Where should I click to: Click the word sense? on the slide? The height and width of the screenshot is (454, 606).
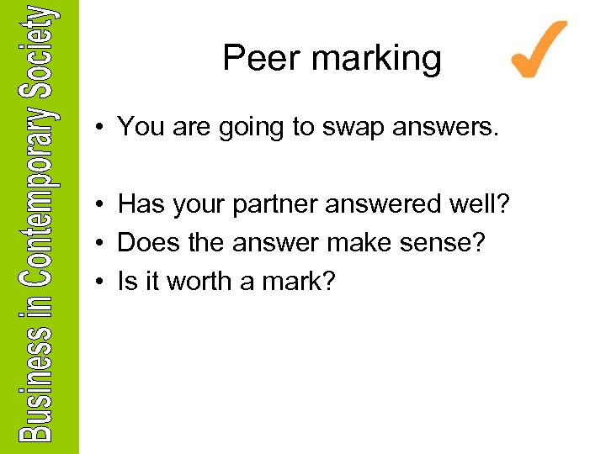tap(455, 243)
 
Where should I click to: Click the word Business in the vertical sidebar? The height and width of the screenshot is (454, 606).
tap(39, 387)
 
